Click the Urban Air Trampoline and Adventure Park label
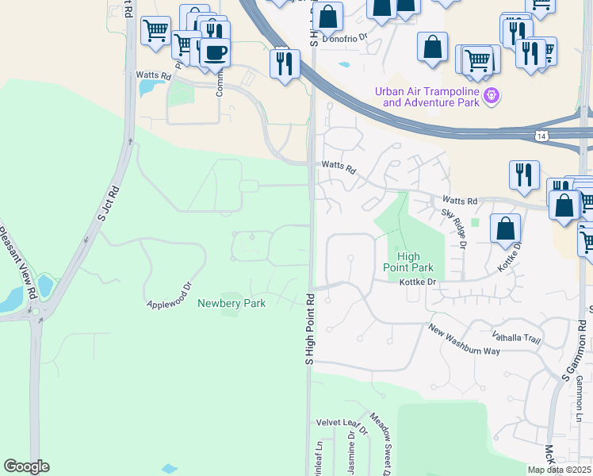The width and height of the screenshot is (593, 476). point(427,96)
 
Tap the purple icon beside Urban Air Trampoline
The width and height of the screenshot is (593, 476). point(492,96)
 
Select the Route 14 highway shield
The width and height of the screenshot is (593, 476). point(541,136)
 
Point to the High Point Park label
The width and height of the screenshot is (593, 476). point(408,261)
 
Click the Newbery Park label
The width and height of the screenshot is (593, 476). point(231,302)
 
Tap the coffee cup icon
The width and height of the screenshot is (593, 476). point(214,53)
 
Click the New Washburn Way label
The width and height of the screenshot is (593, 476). point(465,340)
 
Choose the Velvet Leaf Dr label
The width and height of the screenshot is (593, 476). point(342,428)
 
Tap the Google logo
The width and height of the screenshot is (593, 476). point(26,466)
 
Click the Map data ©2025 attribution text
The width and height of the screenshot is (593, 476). point(559,470)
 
